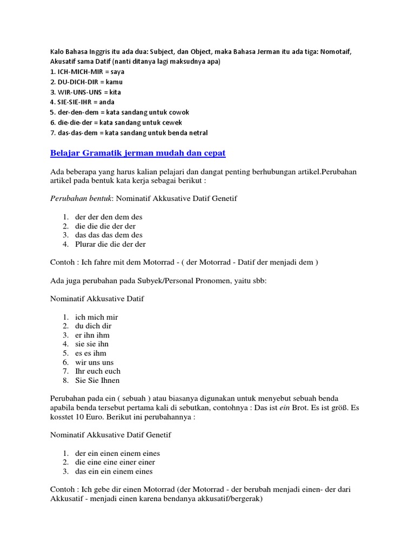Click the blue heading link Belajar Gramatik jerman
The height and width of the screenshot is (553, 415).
[x=138, y=153]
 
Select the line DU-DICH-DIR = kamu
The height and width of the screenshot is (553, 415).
[x=86, y=82]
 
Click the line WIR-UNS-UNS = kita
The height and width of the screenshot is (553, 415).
[x=85, y=92]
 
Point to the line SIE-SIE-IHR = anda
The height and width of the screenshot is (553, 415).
[x=82, y=102]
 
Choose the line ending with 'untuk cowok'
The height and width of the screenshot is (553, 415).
[x=119, y=112]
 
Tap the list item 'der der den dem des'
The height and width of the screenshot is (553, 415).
[x=109, y=217]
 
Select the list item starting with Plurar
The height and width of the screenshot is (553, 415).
[x=111, y=244]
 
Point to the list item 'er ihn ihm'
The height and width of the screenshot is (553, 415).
[x=92, y=335]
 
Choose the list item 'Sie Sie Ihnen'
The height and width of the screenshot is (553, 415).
[x=98, y=380]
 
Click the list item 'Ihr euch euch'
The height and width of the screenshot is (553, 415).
[x=98, y=371]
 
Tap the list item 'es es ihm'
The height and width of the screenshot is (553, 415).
[x=91, y=353]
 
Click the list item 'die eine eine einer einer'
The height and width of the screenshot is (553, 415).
[x=115, y=462]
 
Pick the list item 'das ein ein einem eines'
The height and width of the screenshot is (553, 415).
[x=114, y=471]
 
